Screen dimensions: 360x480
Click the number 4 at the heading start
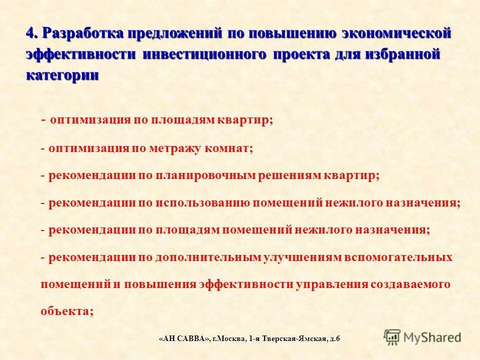pos(30,33)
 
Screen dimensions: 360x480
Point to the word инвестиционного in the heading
pos(203,54)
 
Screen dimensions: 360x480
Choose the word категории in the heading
pos(62,75)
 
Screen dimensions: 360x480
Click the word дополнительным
pos(208,257)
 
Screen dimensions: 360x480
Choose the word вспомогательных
pos(398,257)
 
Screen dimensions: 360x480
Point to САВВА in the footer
pos(192,339)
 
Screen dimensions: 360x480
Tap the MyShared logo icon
pos(392,337)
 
